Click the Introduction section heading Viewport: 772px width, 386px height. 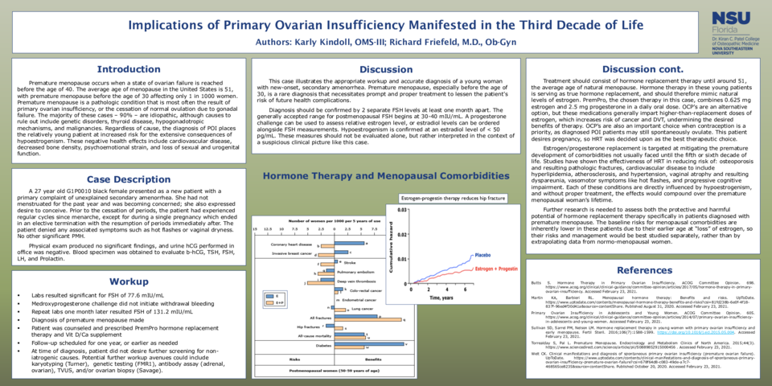(x=123, y=69)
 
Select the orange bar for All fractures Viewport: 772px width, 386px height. (x=322, y=319)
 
